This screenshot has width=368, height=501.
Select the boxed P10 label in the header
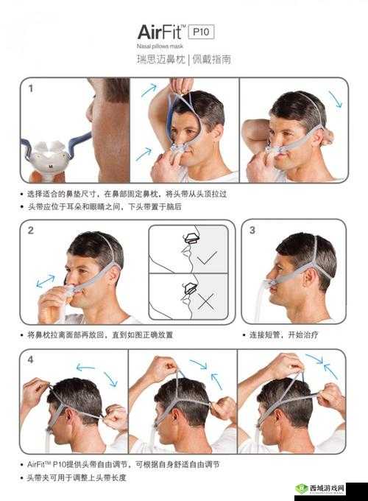click(x=201, y=32)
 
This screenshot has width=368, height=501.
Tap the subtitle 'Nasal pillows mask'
click(x=161, y=46)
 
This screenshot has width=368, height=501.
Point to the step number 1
click(x=31, y=88)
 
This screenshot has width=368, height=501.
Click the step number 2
click(x=31, y=231)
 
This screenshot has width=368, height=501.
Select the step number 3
click(x=252, y=230)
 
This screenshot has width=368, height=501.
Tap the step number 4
click(x=31, y=360)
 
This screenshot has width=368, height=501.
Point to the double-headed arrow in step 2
click(x=46, y=281)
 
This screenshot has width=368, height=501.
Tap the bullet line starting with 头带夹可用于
click(x=77, y=477)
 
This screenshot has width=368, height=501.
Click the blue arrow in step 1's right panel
click(x=335, y=99)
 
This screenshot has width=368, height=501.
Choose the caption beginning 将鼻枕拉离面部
click(x=99, y=334)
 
